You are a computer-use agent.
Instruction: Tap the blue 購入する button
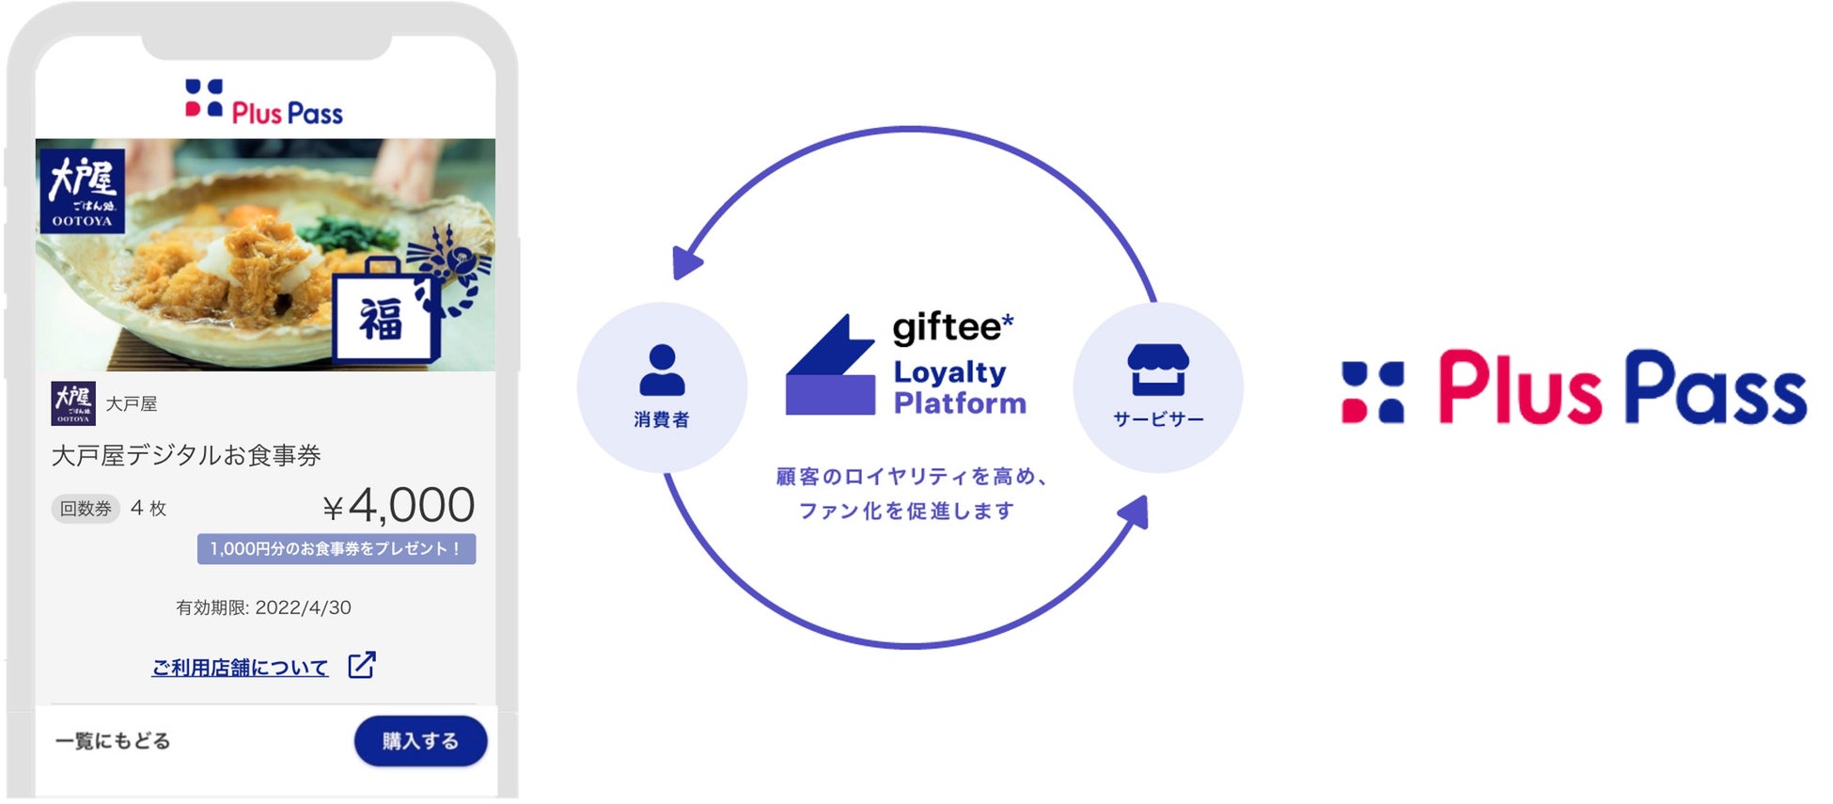point(420,741)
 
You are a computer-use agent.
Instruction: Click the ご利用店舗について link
point(240,668)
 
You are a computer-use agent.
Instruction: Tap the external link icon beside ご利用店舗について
point(362,665)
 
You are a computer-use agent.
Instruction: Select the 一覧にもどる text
point(113,741)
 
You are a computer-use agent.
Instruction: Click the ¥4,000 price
point(399,506)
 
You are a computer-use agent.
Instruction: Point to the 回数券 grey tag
point(86,509)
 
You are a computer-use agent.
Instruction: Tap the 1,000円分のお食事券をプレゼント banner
point(336,549)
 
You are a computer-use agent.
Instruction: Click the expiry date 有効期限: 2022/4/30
point(263,607)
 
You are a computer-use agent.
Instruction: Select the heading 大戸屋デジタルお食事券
point(186,456)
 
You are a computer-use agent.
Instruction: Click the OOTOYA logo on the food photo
point(82,192)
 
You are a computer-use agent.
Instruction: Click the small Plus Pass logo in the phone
point(264,102)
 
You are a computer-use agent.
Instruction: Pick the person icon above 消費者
point(662,370)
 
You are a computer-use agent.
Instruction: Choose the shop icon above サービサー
point(1158,369)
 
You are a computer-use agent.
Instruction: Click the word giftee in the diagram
point(947,327)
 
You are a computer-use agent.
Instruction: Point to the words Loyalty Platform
point(959,387)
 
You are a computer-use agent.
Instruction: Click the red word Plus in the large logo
point(1519,387)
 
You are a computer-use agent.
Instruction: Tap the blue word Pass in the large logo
point(1715,387)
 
